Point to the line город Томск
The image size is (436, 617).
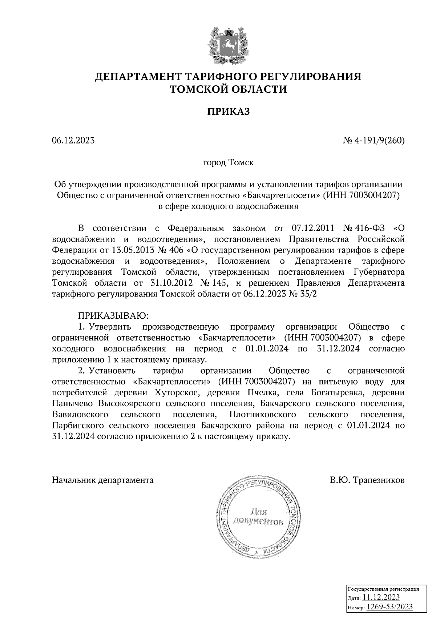coord(228,162)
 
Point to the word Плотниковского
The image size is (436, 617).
coord(263,414)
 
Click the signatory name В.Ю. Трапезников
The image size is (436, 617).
coord(367,480)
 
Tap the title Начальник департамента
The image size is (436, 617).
coord(103,480)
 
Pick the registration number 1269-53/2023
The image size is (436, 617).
coord(389,607)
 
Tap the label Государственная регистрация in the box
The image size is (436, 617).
coord(383,589)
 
